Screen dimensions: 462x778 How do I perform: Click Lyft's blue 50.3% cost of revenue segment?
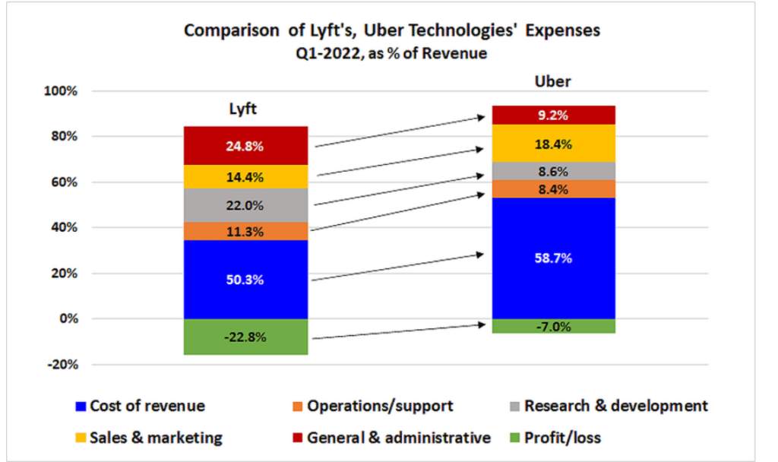[x=245, y=280]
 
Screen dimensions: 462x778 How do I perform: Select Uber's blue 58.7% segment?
[x=553, y=258]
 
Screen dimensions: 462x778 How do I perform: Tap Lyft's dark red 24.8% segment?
[x=245, y=146]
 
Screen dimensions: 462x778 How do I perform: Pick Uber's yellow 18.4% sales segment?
[x=553, y=144]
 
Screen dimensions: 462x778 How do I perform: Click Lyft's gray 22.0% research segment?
[x=245, y=205]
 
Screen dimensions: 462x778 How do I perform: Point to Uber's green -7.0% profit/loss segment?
[x=553, y=326]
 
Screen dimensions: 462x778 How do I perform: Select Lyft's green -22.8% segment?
[x=245, y=337]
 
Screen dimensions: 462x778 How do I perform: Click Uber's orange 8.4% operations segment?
[x=553, y=189]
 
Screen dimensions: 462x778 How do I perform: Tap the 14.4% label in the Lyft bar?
[x=245, y=177]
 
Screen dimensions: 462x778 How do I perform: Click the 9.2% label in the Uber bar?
[x=553, y=115]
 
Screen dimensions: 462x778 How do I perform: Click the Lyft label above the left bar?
[x=243, y=109]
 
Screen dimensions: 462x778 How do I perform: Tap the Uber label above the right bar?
[x=552, y=82]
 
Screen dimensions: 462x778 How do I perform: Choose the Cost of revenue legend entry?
[x=140, y=406]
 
